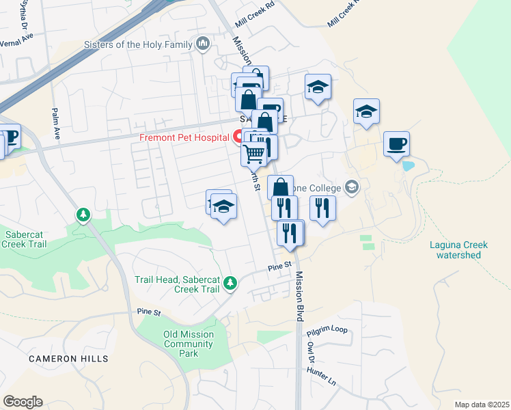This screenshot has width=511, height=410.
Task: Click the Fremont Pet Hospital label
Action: point(184,137)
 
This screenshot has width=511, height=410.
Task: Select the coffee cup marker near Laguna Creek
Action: point(396,144)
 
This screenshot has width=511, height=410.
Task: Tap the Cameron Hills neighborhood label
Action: point(68,358)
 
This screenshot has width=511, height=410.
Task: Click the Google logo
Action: point(23,401)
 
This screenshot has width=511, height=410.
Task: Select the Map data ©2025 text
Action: point(481,405)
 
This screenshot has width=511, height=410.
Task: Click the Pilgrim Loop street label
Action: point(327,330)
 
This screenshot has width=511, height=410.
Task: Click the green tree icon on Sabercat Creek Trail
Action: point(83,215)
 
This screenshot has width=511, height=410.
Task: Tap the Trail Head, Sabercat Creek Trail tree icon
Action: point(231,282)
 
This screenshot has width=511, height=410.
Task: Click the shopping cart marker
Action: point(253,154)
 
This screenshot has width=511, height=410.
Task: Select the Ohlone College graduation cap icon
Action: point(353,187)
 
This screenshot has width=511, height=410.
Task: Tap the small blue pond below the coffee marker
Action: point(409,166)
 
